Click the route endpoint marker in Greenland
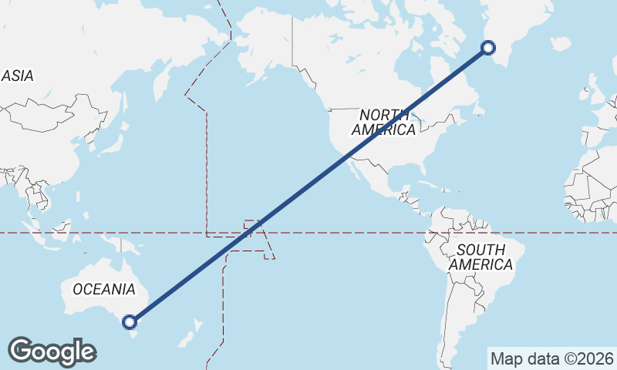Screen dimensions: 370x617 (x=488, y=48)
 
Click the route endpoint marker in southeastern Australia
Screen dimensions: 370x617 (x=130, y=321)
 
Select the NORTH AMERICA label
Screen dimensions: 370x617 (x=383, y=123)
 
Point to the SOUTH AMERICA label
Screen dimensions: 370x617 (x=481, y=257)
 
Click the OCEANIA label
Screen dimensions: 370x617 (x=103, y=289)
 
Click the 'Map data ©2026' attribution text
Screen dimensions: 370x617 (x=551, y=358)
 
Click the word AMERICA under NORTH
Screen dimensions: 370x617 (x=383, y=130)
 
